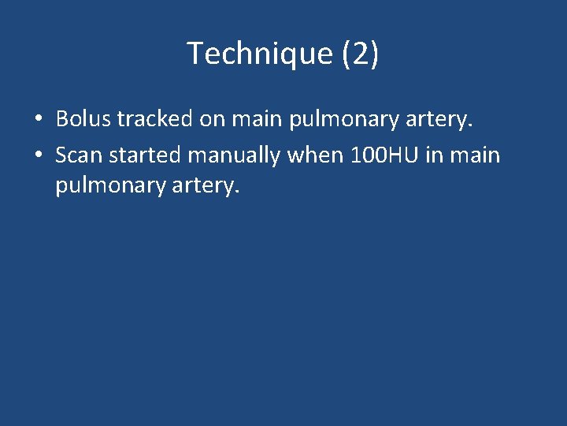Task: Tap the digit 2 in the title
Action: (x=361, y=54)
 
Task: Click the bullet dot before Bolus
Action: (x=38, y=119)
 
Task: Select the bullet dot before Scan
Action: (x=38, y=155)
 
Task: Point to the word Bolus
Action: (x=84, y=119)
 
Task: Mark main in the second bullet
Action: (x=475, y=155)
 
